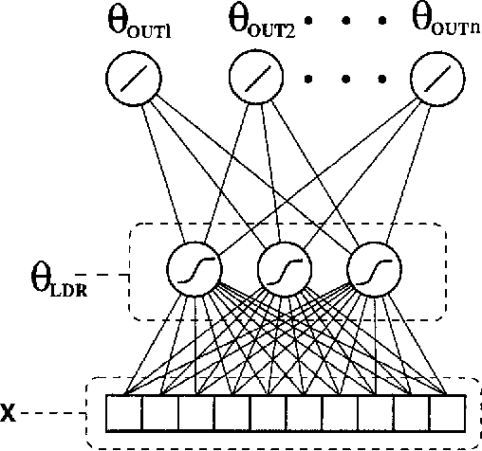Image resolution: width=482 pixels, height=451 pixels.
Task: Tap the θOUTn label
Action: click(x=443, y=20)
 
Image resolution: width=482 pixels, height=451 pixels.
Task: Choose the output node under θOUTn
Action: click(x=436, y=78)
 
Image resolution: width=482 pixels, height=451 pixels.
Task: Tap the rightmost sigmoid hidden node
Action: click(x=370, y=269)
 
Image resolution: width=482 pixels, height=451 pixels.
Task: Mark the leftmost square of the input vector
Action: click(x=123, y=413)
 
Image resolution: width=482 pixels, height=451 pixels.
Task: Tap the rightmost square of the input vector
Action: click(x=447, y=413)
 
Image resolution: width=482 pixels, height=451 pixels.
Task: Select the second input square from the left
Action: click(x=159, y=413)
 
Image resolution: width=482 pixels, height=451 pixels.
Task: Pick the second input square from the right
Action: click(x=411, y=413)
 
